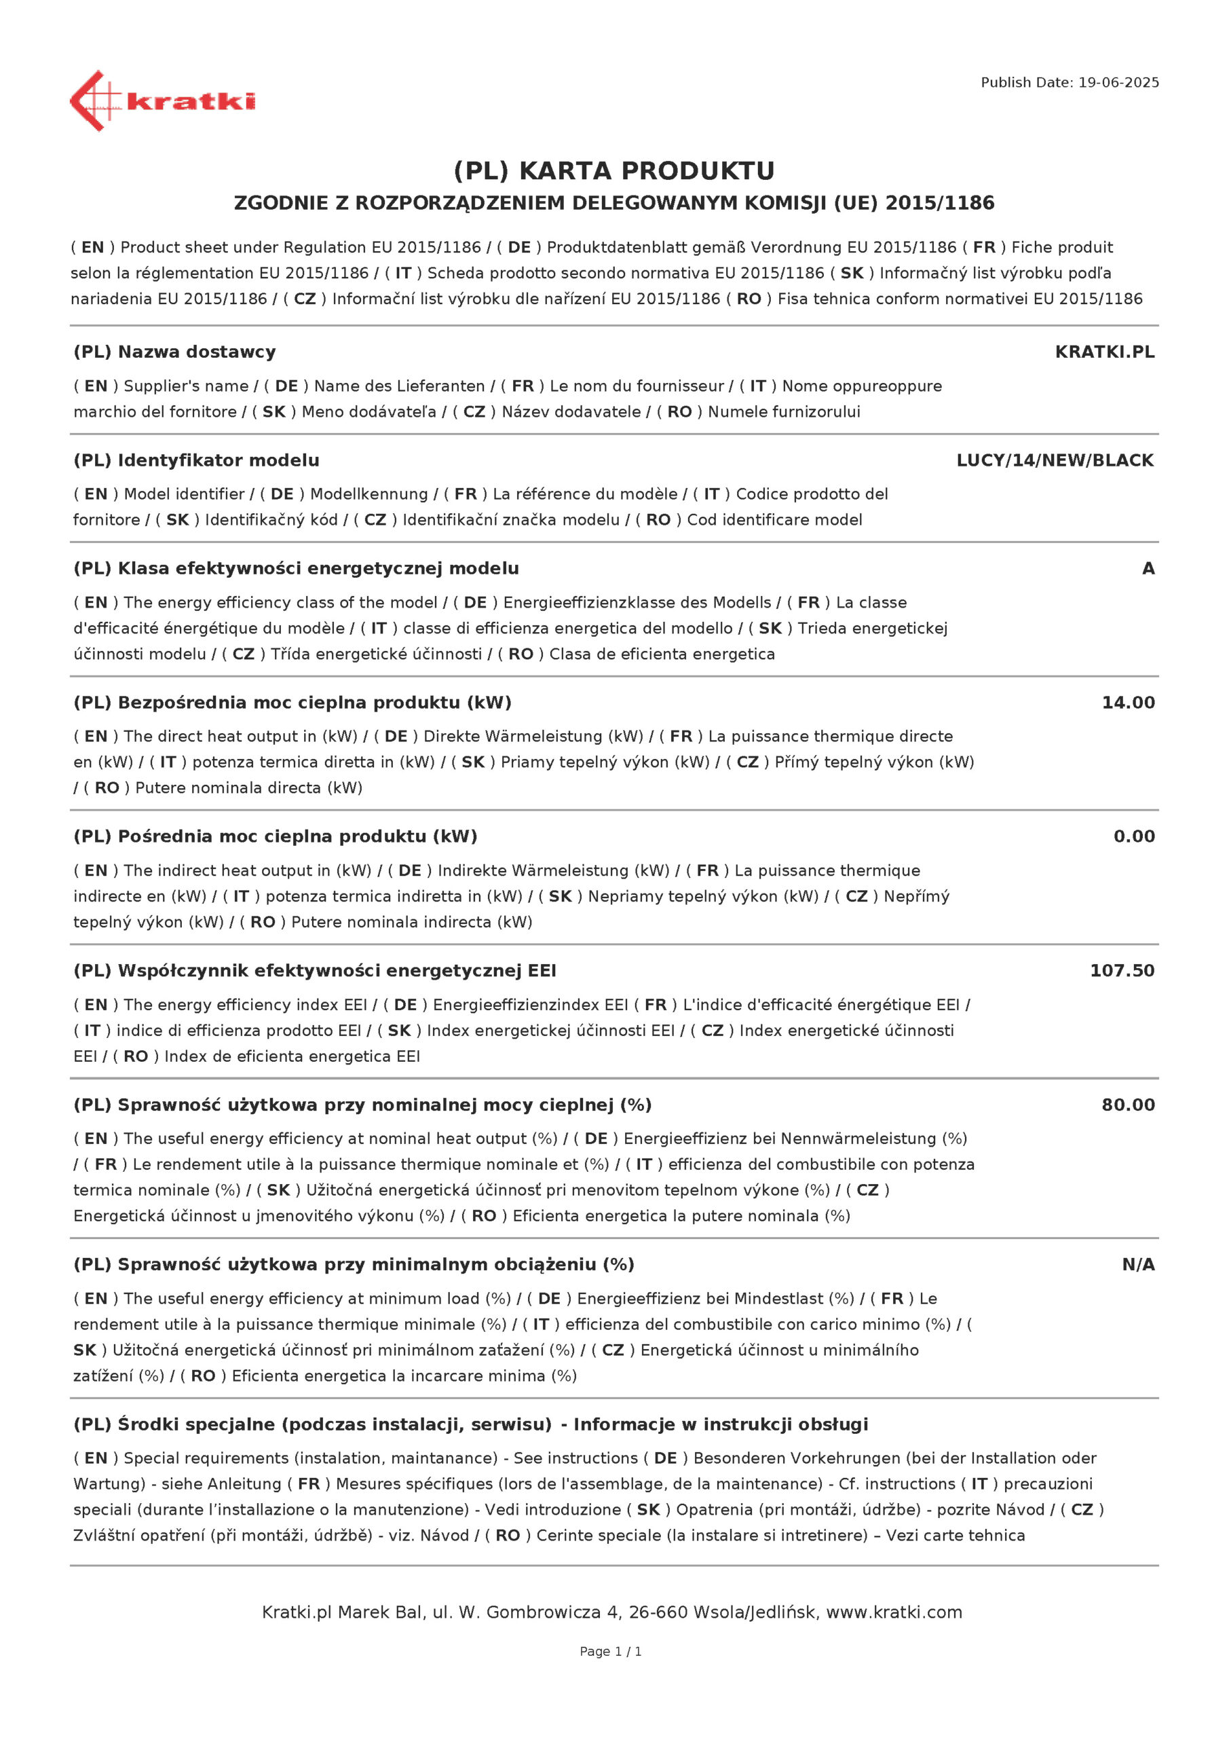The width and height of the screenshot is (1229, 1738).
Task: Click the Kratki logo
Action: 162,100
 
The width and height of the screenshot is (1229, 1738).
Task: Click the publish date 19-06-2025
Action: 1118,83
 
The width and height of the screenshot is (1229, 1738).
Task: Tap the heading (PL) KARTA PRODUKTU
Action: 613,171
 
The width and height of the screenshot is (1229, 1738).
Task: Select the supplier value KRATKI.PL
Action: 1104,352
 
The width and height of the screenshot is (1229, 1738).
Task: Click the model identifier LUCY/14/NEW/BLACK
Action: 1055,460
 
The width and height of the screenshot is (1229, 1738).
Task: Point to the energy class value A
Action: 1148,568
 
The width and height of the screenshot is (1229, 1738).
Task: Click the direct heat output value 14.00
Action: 1128,703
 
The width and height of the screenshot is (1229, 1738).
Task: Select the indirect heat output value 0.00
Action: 1133,836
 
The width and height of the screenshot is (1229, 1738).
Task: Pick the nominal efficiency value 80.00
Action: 1128,1105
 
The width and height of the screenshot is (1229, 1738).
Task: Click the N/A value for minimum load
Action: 1138,1264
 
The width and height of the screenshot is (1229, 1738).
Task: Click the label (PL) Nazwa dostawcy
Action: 175,352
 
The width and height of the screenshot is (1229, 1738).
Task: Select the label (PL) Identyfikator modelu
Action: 197,460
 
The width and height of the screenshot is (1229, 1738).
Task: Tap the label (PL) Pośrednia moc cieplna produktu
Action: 276,836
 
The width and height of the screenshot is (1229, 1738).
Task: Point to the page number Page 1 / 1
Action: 610,1651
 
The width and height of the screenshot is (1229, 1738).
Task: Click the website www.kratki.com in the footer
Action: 894,1612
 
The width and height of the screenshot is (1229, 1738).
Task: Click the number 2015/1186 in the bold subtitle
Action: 940,203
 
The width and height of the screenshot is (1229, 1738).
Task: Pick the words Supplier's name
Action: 185,386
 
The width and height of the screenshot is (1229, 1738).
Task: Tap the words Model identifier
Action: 184,494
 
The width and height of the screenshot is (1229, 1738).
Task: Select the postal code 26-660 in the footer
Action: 658,1612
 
